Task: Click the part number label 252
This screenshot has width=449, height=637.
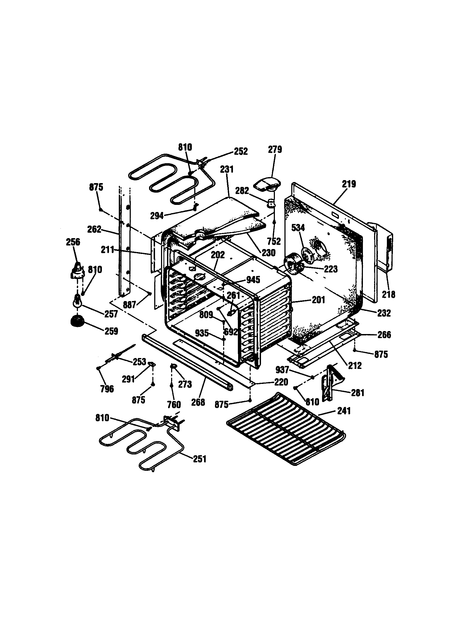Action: (x=241, y=151)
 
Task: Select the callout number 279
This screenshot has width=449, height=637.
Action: (x=275, y=150)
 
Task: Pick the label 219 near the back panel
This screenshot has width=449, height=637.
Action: (x=349, y=184)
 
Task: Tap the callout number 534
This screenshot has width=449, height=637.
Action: (x=298, y=228)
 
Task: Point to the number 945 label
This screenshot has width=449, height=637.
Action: (x=253, y=280)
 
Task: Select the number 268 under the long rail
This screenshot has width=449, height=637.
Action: (x=198, y=402)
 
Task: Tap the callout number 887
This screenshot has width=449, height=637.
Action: (x=129, y=305)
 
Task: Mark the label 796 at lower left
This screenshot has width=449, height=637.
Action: (x=107, y=389)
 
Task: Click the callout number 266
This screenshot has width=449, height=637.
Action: (x=384, y=335)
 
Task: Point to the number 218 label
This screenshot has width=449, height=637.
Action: (x=389, y=294)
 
